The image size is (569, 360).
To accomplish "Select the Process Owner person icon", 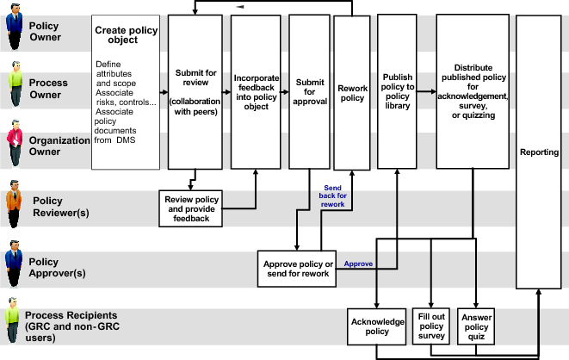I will [14, 84].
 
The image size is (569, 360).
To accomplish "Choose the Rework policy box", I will [351, 93].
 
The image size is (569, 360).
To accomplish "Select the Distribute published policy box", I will [473, 90].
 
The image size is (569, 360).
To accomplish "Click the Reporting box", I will [539, 152].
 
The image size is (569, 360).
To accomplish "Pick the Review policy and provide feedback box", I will [191, 208].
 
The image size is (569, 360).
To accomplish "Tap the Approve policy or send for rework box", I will [296, 268].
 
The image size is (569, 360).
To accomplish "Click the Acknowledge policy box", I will [376, 326].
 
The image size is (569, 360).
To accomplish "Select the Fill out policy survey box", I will [430, 326].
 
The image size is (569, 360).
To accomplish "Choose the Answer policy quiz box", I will [477, 326].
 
